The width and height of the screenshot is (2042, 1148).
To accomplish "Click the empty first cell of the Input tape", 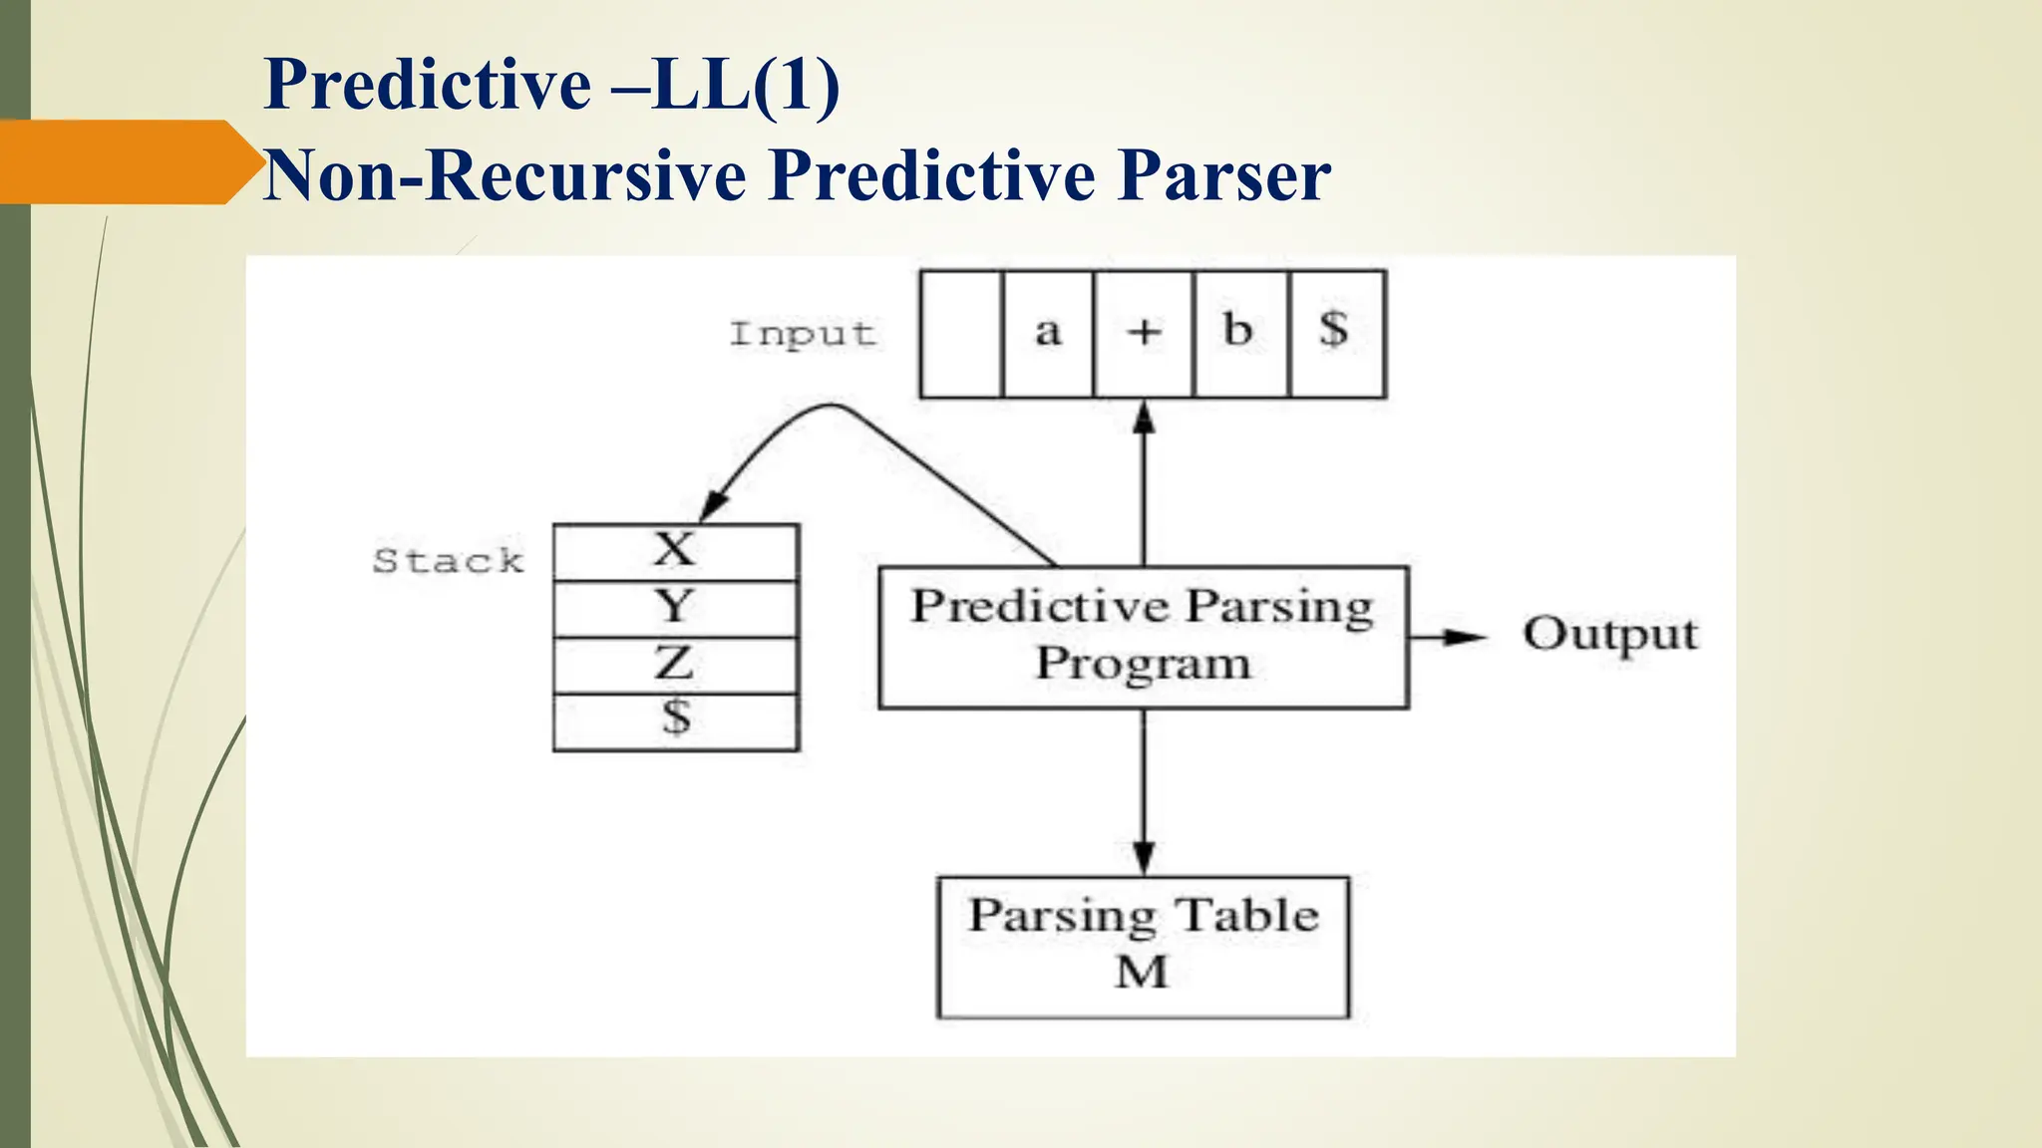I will pos(961,335).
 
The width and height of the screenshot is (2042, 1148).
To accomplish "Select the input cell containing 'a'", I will pos(1047,335).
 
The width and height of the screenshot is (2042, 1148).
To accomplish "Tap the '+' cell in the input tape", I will pos(1144,335).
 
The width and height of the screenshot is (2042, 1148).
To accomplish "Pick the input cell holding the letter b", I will pos(1239,335).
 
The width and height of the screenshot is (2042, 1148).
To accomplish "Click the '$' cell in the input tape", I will pos(1335,335).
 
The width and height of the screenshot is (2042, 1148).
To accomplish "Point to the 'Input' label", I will pos(803,335).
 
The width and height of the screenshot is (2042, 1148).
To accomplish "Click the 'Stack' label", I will pos(448,561).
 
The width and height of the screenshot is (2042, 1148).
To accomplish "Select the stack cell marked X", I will pos(675,551).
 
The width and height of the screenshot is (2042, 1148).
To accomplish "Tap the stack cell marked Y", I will pos(675,608).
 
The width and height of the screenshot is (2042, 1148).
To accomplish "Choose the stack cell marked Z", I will pos(675,665).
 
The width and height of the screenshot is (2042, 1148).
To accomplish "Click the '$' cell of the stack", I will pos(675,719).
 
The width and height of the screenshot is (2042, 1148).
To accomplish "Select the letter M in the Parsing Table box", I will pos(1142,973).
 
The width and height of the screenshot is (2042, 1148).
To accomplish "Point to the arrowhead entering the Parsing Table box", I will pos(1144,858).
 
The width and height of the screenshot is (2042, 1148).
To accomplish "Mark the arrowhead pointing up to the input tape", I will pos(1144,417).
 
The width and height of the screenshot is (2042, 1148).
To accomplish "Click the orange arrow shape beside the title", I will pos(125,161).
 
